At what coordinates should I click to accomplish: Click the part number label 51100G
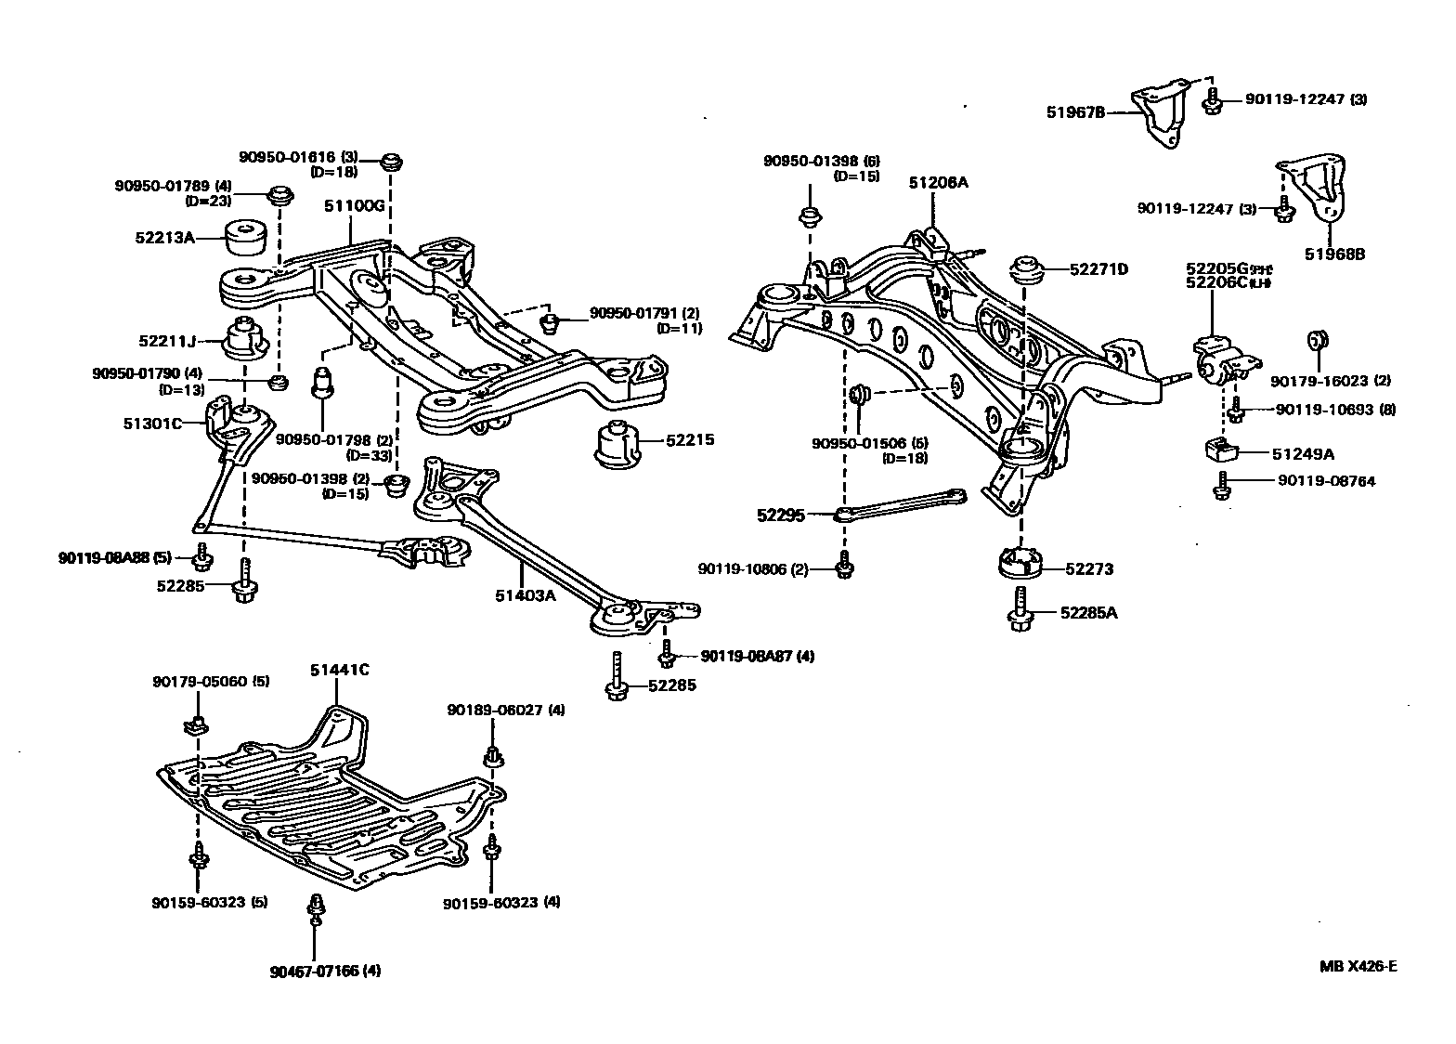(354, 205)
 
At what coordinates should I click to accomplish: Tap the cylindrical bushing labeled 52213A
(247, 239)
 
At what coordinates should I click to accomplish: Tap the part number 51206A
(938, 183)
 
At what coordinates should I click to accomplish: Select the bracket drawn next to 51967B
(1160, 116)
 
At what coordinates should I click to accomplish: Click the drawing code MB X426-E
(1358, 966)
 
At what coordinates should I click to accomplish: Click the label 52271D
(1098, 269)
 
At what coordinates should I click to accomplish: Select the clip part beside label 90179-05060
(194, 724)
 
